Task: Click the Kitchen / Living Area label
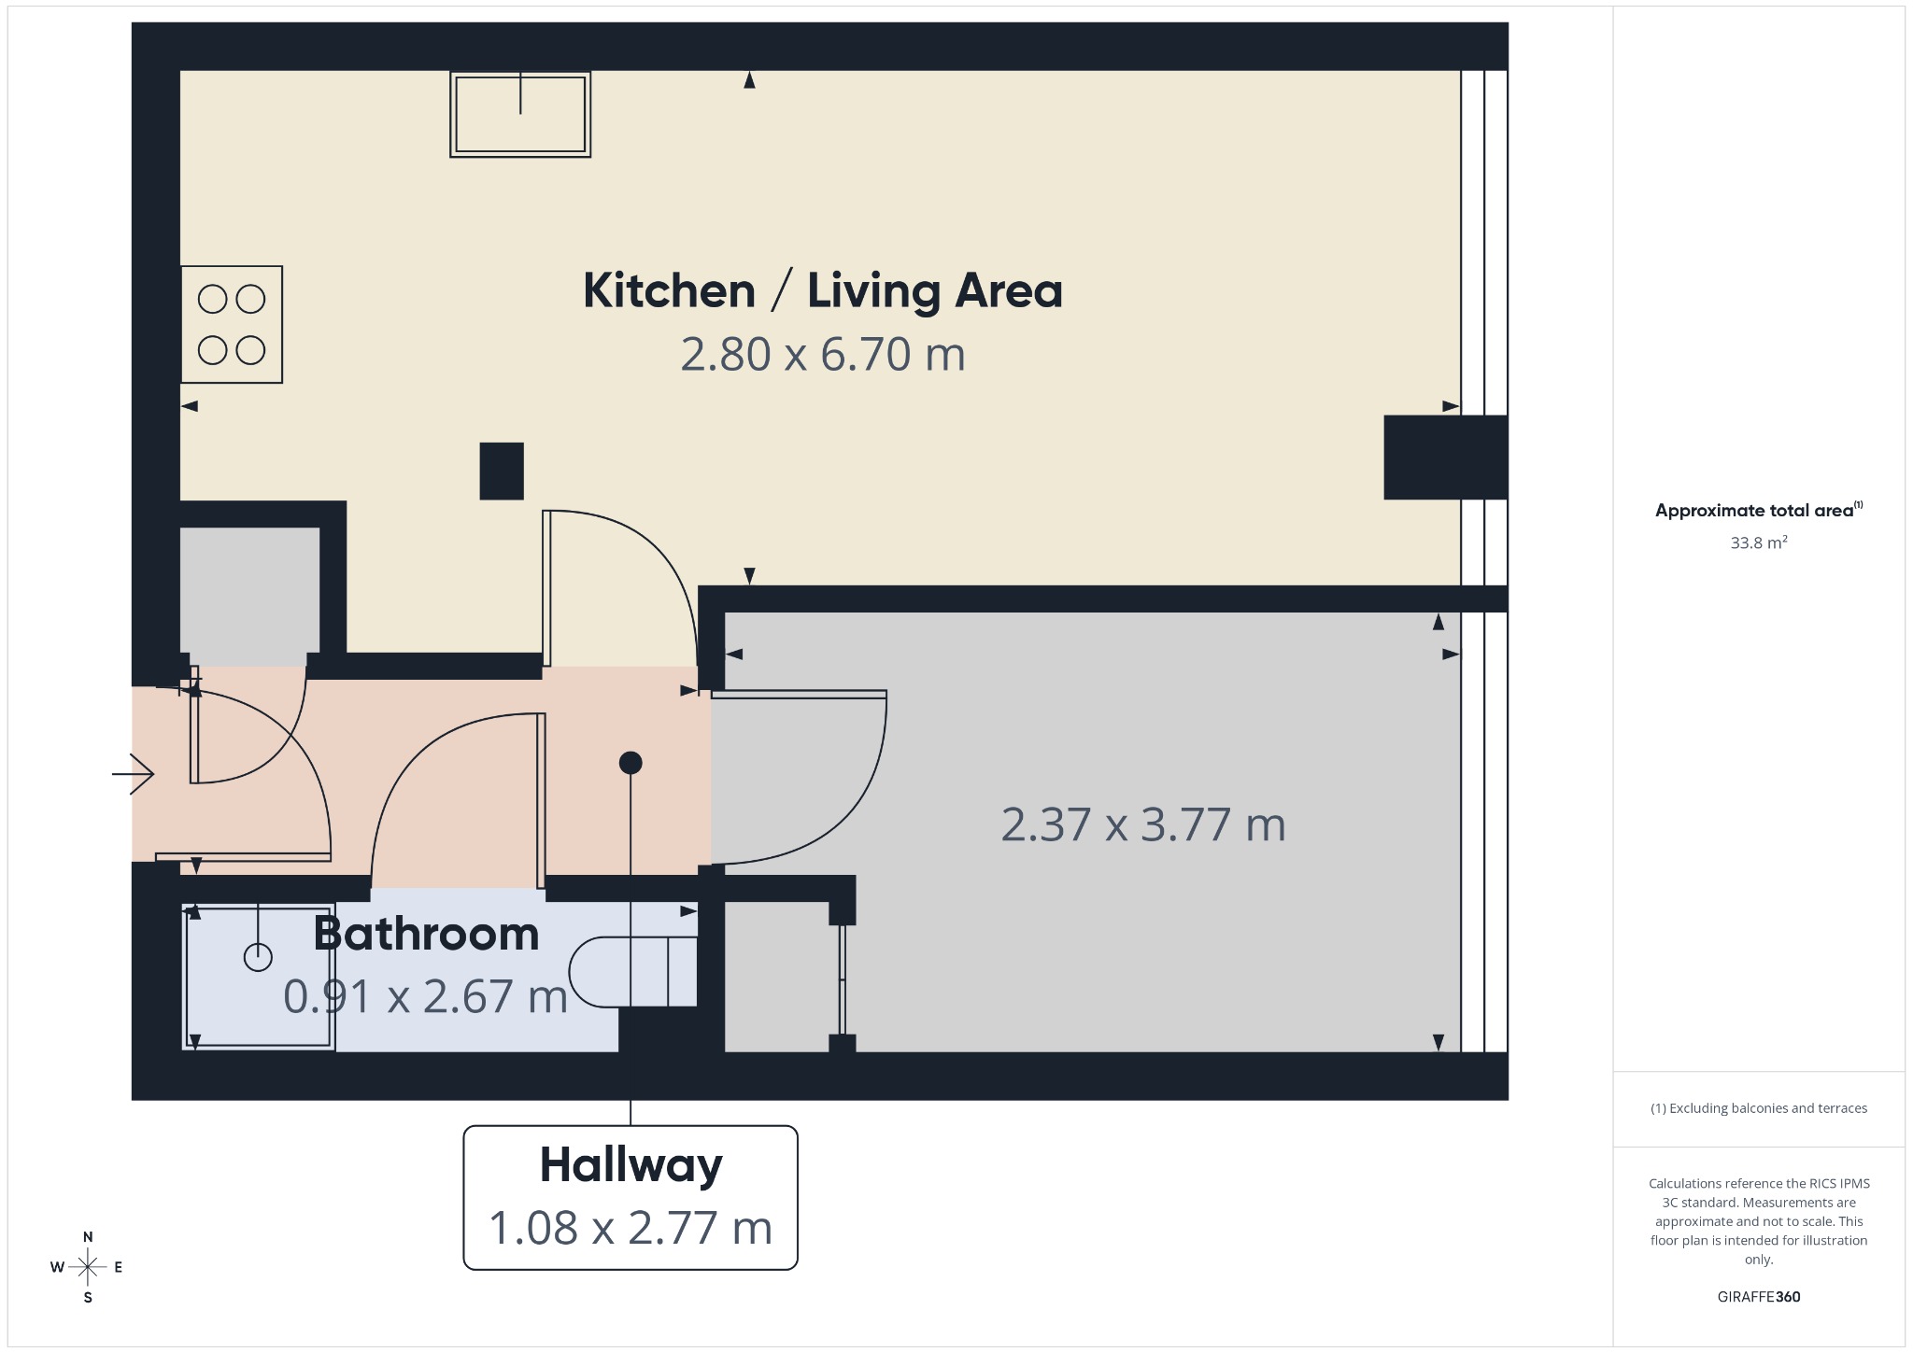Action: tap(823, 290)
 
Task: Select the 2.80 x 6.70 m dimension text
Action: tap(823, 355)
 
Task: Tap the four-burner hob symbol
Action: tap(232, 324)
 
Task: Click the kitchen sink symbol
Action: tap(520, 114)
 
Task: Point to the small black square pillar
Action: tap(502, 471)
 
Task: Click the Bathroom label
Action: tap(427, 934)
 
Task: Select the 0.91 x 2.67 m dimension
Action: tap(426, 996)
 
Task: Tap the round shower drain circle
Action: tap(258, 957)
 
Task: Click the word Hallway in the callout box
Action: tap(631, 1165)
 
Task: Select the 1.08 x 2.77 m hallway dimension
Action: tap(631, 1228)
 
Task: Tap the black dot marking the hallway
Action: tap(631, 763)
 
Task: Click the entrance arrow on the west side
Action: tap(133, 773)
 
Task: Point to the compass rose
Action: tap(88, 1267)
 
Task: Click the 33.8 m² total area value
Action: tap(1759, 542)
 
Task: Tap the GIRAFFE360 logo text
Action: tap(1759, 1297)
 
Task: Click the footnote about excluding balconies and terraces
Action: tap(1759, 1108)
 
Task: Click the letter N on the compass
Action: tap(88, 1237)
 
